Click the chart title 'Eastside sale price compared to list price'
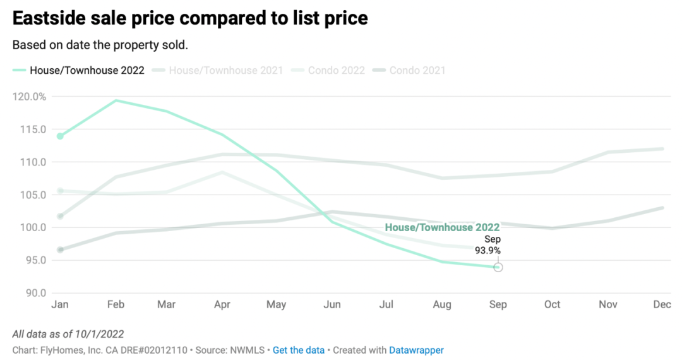pos(190,18)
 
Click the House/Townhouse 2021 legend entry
pos(225,70)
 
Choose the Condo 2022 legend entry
pos(336,70)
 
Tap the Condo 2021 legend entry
pos(417,70)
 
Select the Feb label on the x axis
pos(116,304)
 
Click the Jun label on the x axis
pos(332,304)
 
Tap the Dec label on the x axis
pos(662,304)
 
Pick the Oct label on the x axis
pos(552,304)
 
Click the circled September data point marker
pos(498,268)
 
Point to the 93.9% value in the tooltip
pos(488,251)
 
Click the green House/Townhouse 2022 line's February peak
pos(116,100)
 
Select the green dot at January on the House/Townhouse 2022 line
pos(60,136)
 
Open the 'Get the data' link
pos(298,350)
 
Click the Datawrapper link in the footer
pos(416,350)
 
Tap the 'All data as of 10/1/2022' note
pos(68,334)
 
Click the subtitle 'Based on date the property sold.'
pos(100,45)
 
